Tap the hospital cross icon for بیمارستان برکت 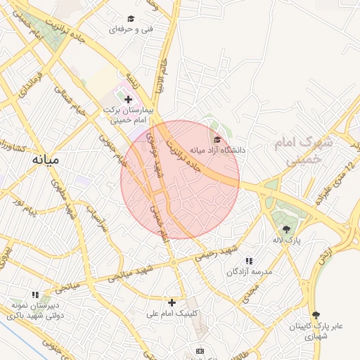tap(128, 100)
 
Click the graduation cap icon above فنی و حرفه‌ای tap(131, 18)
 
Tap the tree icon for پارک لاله tap(286, 229)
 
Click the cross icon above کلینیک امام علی tap(172, 302)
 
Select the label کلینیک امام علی tap(172, 314)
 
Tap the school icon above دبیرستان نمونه tap(34, 295)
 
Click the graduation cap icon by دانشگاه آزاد tap(217, 139)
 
